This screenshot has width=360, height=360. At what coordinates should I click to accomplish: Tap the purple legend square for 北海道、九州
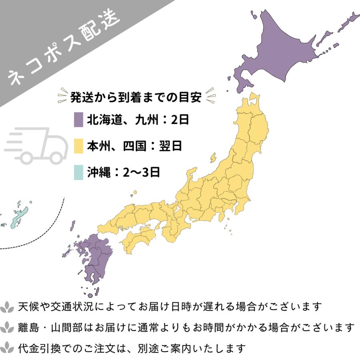(x=78, y=120)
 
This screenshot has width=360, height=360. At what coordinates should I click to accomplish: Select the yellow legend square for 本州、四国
(x=78, y=146)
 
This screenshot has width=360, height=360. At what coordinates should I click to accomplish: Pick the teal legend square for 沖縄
(x=78, y=172)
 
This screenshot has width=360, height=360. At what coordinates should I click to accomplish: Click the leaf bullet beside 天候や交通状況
(x=8, y=307)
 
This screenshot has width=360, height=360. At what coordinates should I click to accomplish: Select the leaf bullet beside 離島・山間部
(x=8, y=328)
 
